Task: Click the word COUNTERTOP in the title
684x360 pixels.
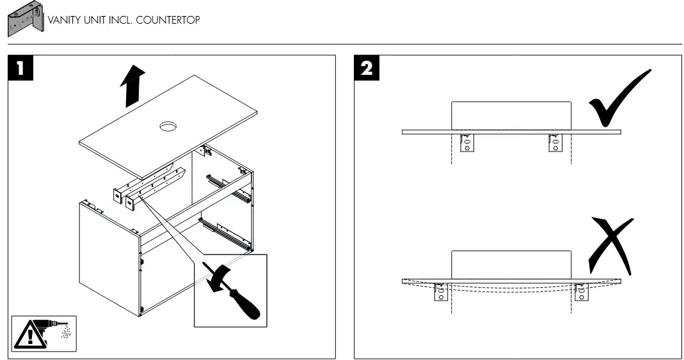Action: click(x=168, y=20)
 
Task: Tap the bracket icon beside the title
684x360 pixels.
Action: click(x=26, y=19)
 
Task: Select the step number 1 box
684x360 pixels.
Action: click(x=20, y=68)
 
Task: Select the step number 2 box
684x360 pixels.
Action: click(x=367, y=68)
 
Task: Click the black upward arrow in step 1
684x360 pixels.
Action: click(x=132, y=86)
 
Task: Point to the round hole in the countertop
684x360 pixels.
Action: click(x=168, y=127)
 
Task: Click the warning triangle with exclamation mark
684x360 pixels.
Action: click(x=30, y=334)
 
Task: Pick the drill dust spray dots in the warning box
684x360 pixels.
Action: click(x=65, y=331)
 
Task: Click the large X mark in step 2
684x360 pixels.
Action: click(x=610, y=246)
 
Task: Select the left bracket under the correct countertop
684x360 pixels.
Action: click(x=466, y=143)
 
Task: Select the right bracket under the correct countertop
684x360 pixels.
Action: click(x=555, y=143)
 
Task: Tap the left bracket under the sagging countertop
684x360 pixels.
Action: click(x=441, y=292)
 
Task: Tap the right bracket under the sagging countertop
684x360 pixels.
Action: click(x=582, y=292)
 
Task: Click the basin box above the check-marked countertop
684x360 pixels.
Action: click(x=511, y=116)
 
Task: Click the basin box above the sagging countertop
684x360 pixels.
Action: click(x=511, y=265)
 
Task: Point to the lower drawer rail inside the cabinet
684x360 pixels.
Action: click(x=225, y=233)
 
